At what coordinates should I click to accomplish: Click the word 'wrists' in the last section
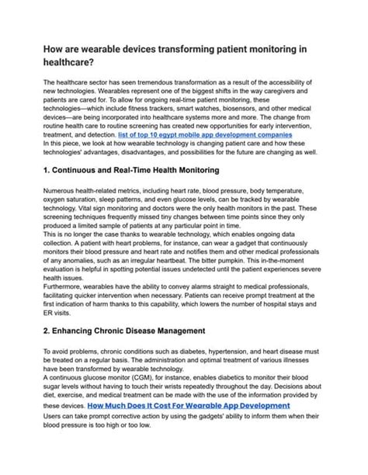click(x=172, y=387)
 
